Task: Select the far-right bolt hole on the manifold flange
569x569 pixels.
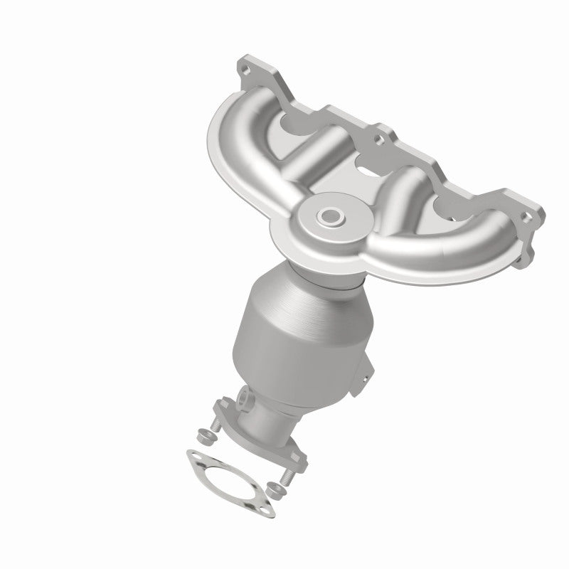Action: click(526, 214)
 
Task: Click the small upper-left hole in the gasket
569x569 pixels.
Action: click(192, 454)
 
